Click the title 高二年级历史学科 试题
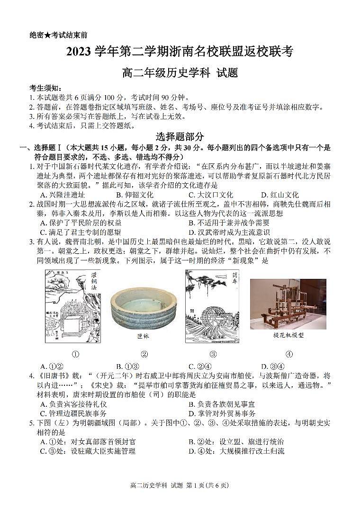[180, 72]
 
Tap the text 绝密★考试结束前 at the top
[58, 35]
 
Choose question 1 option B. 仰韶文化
[135, 195]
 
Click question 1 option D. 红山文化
[280, 195]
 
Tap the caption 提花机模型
[288, 335]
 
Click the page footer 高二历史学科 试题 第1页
[180, 485]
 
